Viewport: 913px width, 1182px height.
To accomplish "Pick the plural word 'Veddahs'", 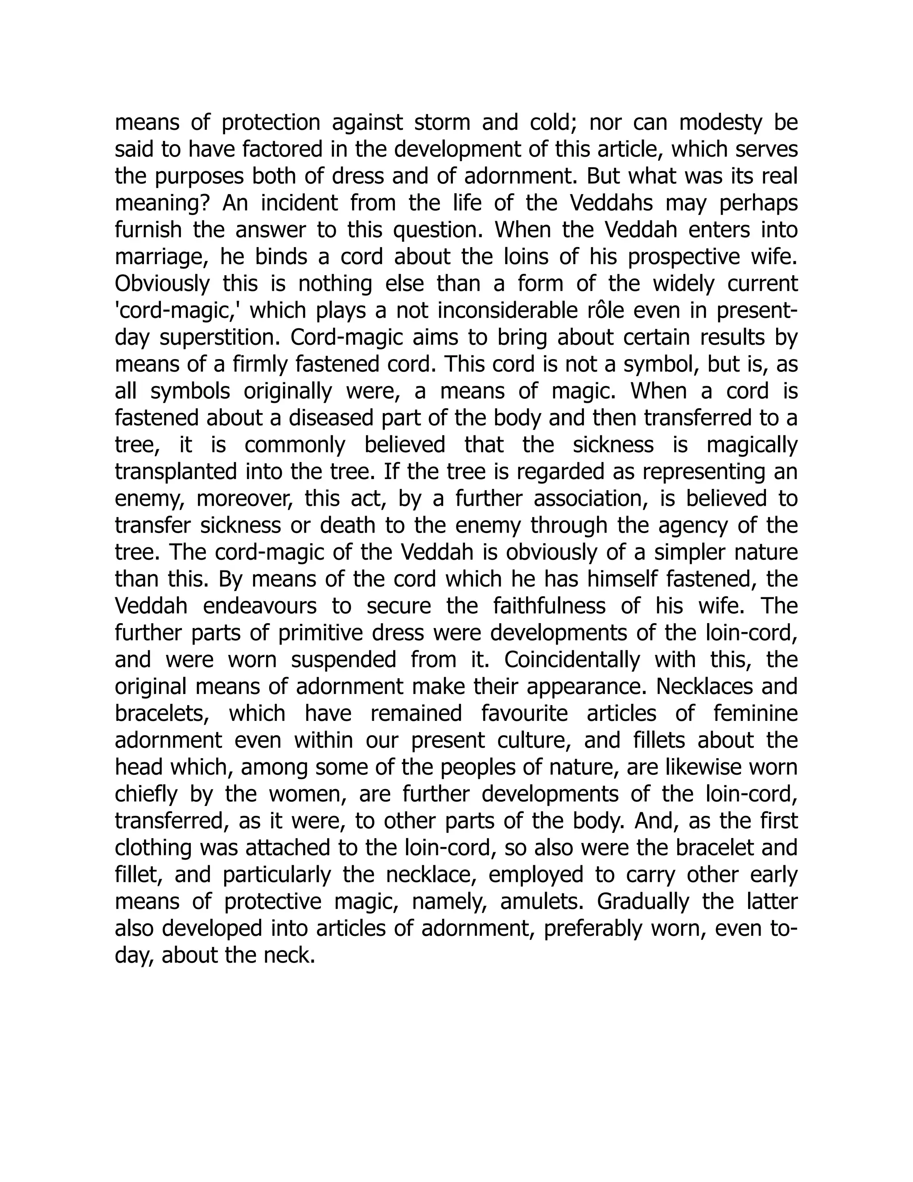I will tap(611, 203).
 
